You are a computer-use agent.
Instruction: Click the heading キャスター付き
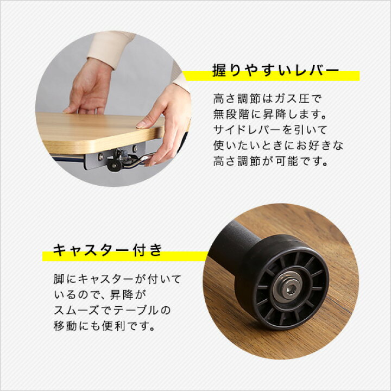click(108, 250)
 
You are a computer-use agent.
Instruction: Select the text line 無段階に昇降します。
click(268, 115)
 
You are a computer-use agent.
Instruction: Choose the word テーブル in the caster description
click(138, 311)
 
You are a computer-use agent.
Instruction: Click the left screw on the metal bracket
click(100, 157)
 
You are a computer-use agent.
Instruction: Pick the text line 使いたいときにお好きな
click(279, 146)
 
